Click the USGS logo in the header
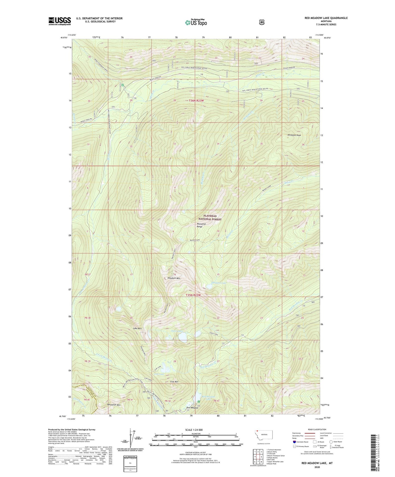coord(60,21)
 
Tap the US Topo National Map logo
coord(195,22)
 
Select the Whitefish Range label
coord(201,225)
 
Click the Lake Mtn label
coord(137,328)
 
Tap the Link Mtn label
coord(174,382)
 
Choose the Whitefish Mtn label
coord(114,405)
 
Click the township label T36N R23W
coord(196,101)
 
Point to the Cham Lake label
coord(214,334)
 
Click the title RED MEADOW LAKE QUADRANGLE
coord(326,18)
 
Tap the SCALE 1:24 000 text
coord(194,430)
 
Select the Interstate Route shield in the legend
coord(294,442)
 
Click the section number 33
coord(174,144)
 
